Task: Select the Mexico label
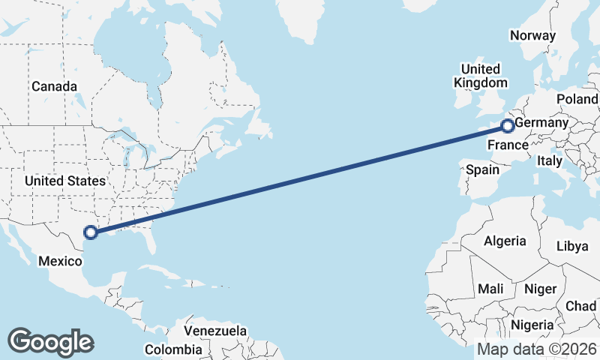click(x=59, y=260)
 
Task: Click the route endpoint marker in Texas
click(x=90, y=232)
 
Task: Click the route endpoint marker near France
click(x=508, y=126)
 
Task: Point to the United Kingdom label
click(x=485, y=76)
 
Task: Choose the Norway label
click(x=532, y=35)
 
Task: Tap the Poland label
click(x=577, y=99)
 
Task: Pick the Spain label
click(x=482, y=169)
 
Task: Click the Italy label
click(x=549, y=160)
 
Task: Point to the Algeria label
click(x=505, y=241)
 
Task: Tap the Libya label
click(x=574, y=247)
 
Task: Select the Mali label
click(x=490, y=289)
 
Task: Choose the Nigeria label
click(x=532, y=325)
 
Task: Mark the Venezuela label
click(x=215, y=330)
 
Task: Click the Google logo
click(x=50, y=342)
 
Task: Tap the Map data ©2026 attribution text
click(x=536, y=349)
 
